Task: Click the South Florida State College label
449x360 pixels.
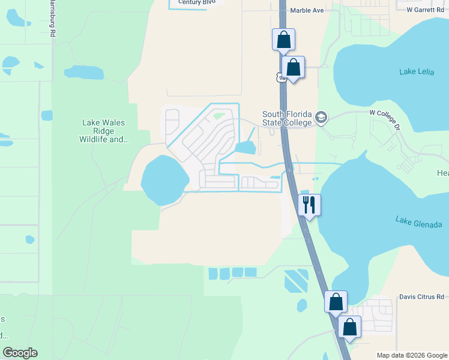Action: coord(287,119)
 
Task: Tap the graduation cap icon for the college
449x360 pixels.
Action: coord(321,118)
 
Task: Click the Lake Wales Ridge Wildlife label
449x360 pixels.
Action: coord(104,131)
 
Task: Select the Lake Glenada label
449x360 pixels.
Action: coord(418,222)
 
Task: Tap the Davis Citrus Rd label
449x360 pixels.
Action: coord(421,297)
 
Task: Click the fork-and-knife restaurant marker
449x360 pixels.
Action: coord(310,205)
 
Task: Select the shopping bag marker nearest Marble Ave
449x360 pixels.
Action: coord(283,40)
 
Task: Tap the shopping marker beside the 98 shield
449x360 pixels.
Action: coord(294,67)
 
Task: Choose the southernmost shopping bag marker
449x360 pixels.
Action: coord(350,328)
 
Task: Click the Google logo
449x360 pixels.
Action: coord(20,353)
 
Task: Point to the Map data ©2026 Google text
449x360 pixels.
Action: coord(412,355)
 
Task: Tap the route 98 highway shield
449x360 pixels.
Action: coord(280,77)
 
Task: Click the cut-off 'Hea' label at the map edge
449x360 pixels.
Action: coord(442,173)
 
